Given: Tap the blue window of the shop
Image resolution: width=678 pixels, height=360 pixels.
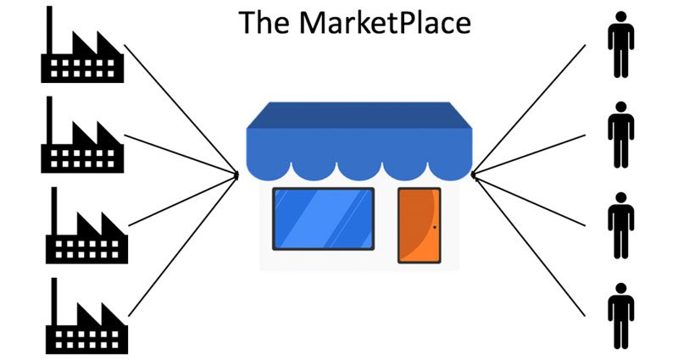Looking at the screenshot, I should [x=323, y=219].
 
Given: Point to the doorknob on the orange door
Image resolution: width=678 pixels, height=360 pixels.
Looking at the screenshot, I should [x=435, y=227].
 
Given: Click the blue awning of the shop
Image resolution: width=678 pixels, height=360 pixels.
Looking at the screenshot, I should [x=358, y=140].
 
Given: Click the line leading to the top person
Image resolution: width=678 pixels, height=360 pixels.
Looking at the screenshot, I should [x=530, y=110].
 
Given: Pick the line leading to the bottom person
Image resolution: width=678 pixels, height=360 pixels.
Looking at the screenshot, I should [x=530, y=246].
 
